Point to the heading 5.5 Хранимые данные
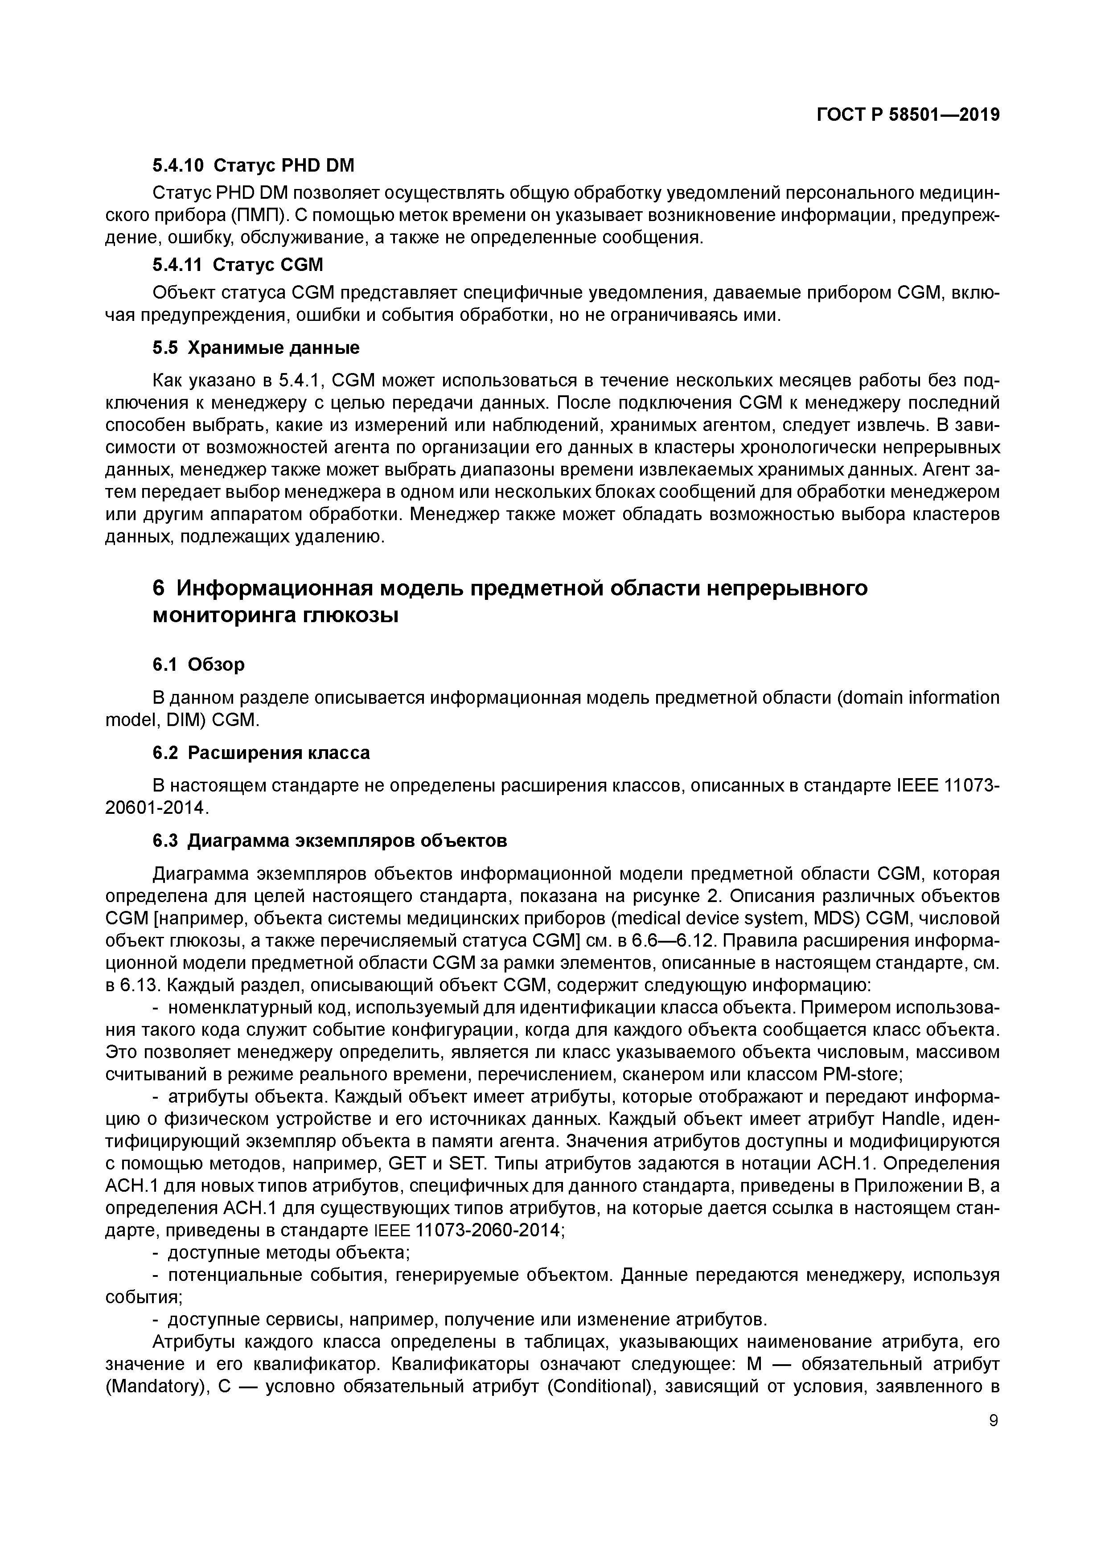pos(255,348)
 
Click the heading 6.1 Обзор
pos(198,664)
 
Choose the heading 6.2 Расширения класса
pos(261,753)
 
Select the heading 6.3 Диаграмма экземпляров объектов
pos(329,841)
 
